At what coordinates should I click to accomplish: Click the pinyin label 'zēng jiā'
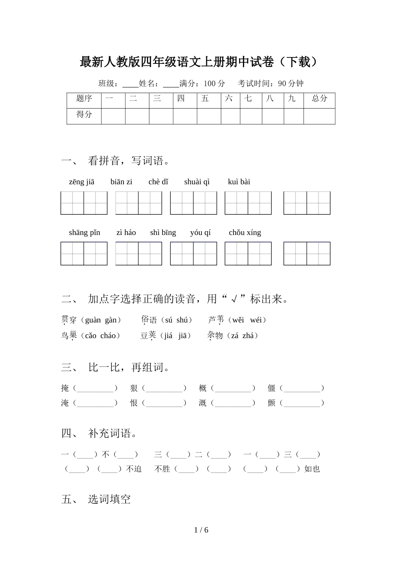[x=82, y=182]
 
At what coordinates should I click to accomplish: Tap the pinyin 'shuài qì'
[x=197, y=182]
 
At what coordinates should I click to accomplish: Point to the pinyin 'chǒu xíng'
[x=245, y=232]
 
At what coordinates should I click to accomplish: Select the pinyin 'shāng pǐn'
[x=85, y=232]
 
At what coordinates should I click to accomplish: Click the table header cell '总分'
[x=319, y=98]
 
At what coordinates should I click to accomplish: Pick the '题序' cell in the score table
[x=84, y=98]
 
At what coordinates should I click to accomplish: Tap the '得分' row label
[x=84, y=114]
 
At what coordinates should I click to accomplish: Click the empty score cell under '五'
[x=209, y=116]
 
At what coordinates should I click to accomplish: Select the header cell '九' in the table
[x=292, y=98]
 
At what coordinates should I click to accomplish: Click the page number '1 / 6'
[x=201, y=530]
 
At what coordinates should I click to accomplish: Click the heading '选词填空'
[x=110, y=499]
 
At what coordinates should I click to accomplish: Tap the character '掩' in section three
[x=65, y=388]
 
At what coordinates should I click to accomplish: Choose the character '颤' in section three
[x=271, y=403]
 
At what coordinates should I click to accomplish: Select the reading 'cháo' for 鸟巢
[x=108, y=336]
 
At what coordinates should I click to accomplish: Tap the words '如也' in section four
[x=312, y=469]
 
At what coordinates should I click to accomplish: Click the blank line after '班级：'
[x=130, y=84]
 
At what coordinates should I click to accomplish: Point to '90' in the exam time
[x=282, y=83]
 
